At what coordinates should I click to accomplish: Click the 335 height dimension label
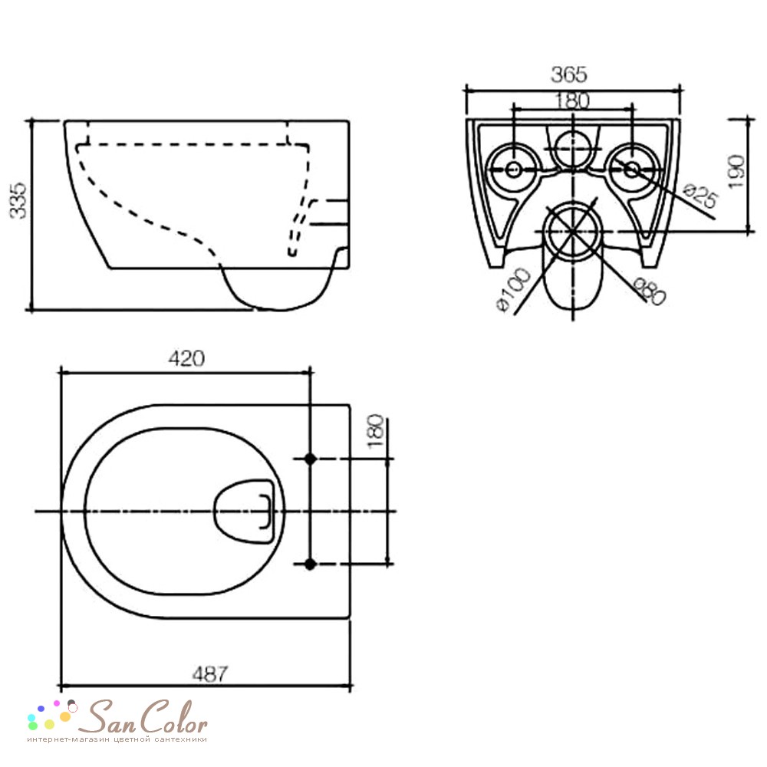point(18,200)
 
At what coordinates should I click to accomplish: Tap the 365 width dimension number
point(569,75)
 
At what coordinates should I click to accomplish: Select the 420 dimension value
point(186,358)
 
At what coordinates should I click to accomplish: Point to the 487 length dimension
point(210,674)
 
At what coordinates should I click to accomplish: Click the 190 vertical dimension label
point(736,171)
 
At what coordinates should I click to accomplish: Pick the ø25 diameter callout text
point(700,196)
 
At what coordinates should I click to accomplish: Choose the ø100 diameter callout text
point(514,290)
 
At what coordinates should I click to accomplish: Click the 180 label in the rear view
point(572,100)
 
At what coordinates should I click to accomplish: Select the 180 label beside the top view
point(376,431)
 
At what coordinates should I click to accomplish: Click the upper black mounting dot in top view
point(310,459)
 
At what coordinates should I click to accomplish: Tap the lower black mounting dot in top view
point(310,564)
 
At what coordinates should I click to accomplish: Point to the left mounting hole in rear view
point(513,170)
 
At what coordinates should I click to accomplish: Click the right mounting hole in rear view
point(632,170)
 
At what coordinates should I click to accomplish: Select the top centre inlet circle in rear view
point(572,149)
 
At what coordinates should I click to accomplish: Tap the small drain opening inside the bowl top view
point(244,511)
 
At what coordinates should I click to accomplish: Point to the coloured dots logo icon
point(52,715)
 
